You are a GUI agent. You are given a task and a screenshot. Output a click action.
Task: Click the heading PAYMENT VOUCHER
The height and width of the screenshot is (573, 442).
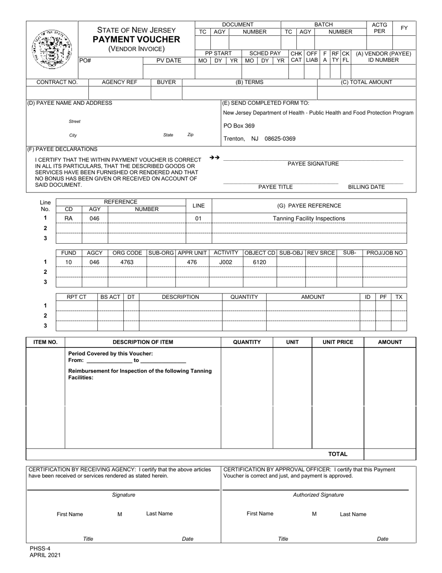click(136, 39)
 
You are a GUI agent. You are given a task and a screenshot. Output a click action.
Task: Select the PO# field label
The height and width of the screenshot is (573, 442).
click(85, 60)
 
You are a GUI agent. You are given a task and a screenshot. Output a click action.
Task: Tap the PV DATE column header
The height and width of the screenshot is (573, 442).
click(168, 60)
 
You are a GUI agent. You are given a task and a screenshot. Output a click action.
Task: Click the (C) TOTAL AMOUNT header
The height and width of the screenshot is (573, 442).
click(367, 82)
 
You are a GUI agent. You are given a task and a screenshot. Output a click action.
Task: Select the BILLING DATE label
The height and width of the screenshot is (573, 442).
click(367, 187)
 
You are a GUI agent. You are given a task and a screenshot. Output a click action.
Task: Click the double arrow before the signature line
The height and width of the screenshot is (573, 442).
click(214, 157)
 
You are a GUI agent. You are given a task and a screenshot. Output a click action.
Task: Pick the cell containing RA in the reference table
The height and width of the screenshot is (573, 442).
click(68, 218)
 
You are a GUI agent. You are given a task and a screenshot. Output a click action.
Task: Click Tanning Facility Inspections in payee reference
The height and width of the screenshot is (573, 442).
click(309, 218)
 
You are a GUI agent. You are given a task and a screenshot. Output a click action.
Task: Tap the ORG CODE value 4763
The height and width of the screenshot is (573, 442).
click(127, 262)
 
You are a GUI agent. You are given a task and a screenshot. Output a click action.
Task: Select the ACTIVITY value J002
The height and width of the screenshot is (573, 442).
click(226, 262)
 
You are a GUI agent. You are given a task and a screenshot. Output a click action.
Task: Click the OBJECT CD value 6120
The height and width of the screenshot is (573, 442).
click(259, 262)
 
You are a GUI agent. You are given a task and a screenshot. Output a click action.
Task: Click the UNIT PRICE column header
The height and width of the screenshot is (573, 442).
click(338, 342)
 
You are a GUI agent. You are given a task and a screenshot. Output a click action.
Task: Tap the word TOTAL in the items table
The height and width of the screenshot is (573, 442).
click(338, 454)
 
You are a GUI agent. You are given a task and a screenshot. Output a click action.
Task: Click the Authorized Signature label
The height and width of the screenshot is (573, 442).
click(318, 495)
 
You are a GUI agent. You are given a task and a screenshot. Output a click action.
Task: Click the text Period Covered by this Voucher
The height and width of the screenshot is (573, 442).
click(110, 354)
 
